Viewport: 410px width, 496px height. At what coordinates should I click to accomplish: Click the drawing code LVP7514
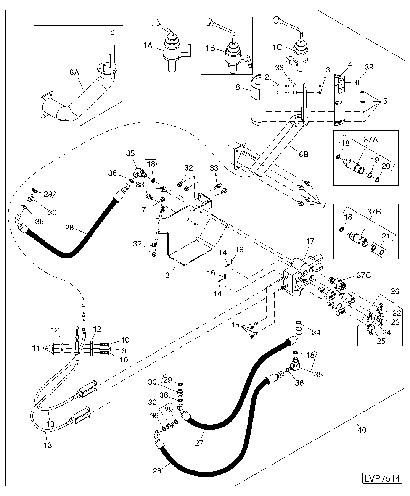pyautogui.click(x=382, y=478)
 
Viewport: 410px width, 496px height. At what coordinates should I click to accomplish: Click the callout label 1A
pyautogui.click(x=148, y=45)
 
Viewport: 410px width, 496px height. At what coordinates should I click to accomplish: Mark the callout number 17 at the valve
pyautogui.click(x=310, y=241)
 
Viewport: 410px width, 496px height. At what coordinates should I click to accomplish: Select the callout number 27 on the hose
pyautogui.click(x=199, y=443)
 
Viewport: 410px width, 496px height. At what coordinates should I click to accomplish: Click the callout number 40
pyautogui.click(x=362, y=430)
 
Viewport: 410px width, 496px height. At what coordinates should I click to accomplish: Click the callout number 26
pyautogui.click(x=395, y=292)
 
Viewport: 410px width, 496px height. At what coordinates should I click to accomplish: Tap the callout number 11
pyautogui.click(x=35, y=348)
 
